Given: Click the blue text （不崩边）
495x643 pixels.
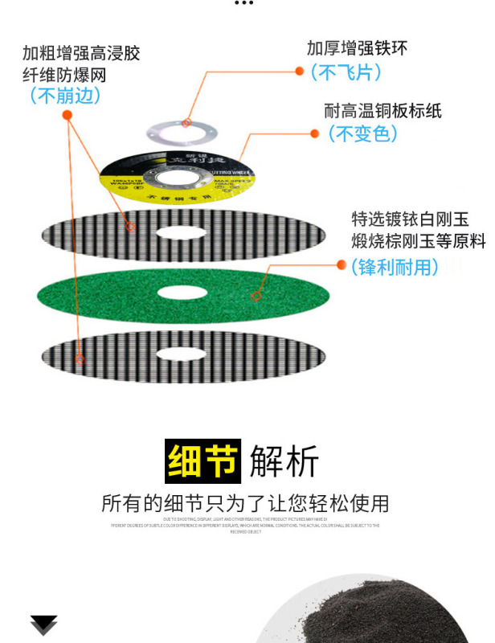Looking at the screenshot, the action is point(65,96).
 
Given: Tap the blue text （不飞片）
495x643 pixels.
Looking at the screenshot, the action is point(346,72).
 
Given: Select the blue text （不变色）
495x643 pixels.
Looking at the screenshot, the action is point(362,134).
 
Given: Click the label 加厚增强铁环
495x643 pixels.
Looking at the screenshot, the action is point(357,47).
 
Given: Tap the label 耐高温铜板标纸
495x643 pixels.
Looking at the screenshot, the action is point(382,111).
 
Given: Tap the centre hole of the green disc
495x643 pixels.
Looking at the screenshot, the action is point(183,293).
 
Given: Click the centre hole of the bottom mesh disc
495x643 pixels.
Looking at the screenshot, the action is point(183,353).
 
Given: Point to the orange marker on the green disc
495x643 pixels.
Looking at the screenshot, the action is point(256,297).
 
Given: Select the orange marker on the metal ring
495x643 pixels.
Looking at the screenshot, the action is point(186,123).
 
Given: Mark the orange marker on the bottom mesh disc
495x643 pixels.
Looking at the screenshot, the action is point(80,359).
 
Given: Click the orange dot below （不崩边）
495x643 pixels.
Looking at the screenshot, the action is point(67,116).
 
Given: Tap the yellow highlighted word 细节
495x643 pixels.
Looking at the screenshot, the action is point(203,461).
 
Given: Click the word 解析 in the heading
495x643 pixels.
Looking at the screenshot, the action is point(284,461).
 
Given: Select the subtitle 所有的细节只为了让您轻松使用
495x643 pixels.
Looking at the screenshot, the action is point(245,504).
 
